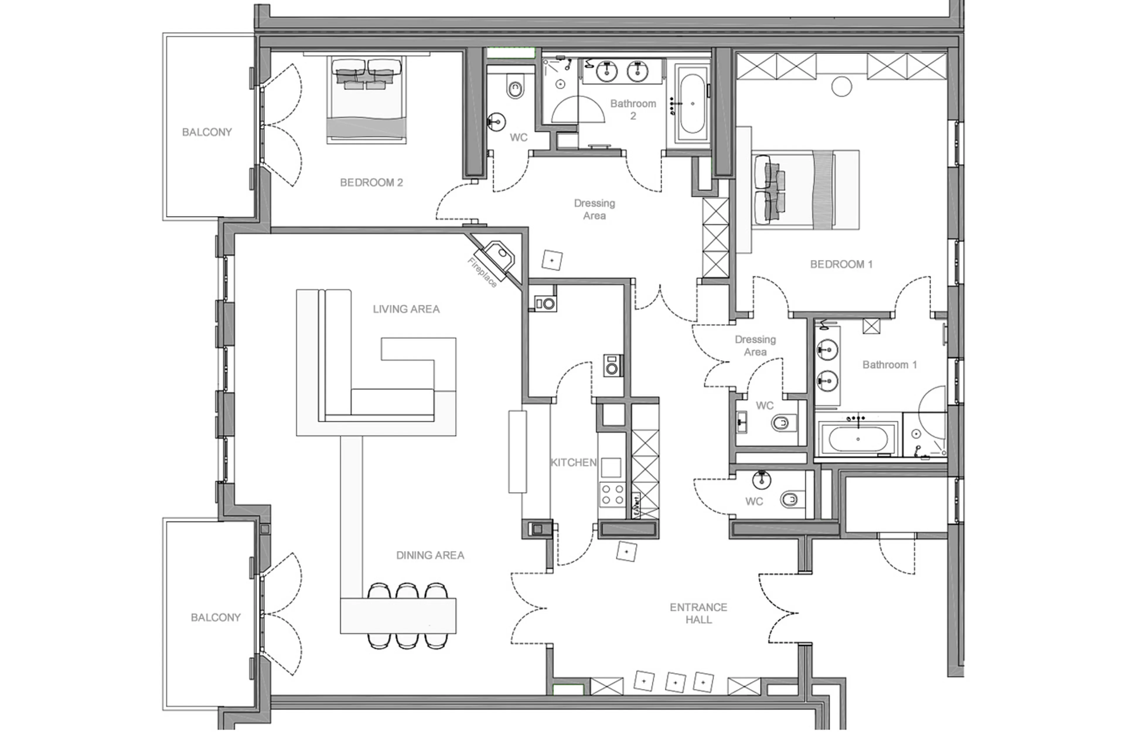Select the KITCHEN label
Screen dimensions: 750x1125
point(573,462)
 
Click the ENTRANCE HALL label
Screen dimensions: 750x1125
point(698,613)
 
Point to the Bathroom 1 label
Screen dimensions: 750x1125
point(889,365)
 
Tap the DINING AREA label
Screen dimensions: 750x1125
point(430,555)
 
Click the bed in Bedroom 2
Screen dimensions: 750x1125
point(366,101)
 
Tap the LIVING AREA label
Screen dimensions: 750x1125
point(406,309)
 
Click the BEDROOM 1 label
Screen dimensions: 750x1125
point(841,264)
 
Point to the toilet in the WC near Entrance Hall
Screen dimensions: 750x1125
point(790,500)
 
